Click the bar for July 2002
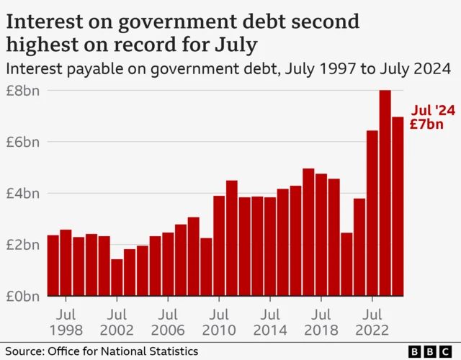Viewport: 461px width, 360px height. [x=117, y=277]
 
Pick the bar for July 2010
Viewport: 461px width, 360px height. [x=219, y=246]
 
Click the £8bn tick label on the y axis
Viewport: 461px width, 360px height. [x=24, y=91]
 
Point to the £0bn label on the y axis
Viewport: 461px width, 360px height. [x=24, y=296]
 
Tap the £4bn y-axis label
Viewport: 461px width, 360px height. [x=24, y=194]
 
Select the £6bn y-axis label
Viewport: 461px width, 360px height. [x=24, y=142]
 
